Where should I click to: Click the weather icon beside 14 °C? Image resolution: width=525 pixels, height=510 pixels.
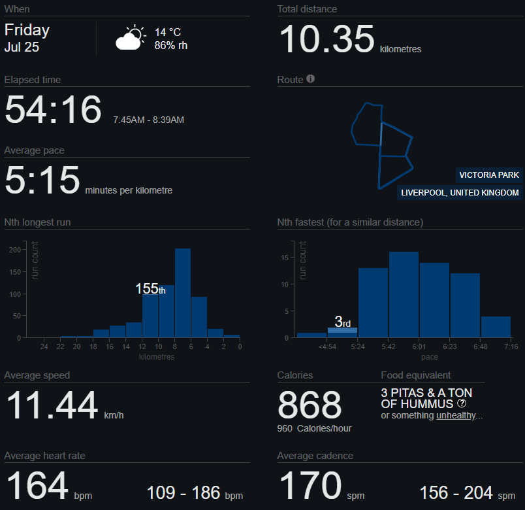coord(131,38)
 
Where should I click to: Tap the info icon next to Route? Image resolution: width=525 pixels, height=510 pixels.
coord(311,79)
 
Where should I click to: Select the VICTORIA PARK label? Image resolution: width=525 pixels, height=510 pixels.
coord(489,175)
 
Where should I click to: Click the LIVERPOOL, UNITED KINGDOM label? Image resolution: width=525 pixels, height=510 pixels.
coord(460,193)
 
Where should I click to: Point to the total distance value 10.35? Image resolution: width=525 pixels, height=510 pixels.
coord(326,39)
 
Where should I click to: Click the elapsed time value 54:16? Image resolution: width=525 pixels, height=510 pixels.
coord(53,109)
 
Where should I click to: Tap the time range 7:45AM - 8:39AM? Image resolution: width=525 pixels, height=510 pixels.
coord(148,120)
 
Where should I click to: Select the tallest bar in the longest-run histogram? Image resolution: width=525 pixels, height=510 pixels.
coord(183,292)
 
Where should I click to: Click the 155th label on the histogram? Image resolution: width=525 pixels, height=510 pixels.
coord(150,289)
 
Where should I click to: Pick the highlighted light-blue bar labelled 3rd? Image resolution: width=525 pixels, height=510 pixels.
coord(342,331)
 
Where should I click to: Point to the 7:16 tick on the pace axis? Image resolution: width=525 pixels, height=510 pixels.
coord(511,347)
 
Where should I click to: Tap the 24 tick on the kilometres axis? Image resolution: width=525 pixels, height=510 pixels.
coord(44,347)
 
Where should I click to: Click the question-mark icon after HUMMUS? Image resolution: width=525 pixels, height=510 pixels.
coord(462,403)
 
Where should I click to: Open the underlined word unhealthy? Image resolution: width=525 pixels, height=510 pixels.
coord(456,416)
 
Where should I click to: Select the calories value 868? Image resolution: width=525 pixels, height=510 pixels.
coord(310,405)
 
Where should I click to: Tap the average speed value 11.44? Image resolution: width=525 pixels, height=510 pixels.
coord(53,405)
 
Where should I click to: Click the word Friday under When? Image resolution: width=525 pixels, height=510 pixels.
coord(27,30)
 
